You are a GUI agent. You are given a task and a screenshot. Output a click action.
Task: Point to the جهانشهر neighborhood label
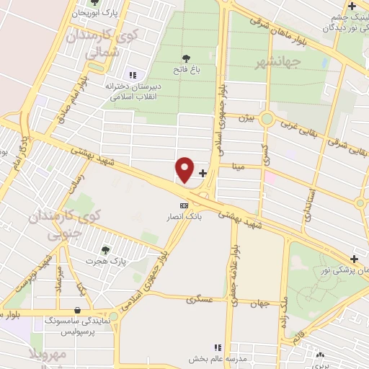(x=277, y=64)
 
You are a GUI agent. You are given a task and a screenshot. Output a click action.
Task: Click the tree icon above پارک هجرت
(x=106, y=249)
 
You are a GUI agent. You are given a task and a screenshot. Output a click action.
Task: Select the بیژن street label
(x=246, y=117)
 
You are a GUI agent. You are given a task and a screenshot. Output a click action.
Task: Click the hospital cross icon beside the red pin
(x=203, y=173)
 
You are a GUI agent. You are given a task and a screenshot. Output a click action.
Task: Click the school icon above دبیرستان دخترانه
(x=132, y=74)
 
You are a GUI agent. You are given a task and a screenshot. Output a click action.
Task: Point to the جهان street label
(x=262, y=303)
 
